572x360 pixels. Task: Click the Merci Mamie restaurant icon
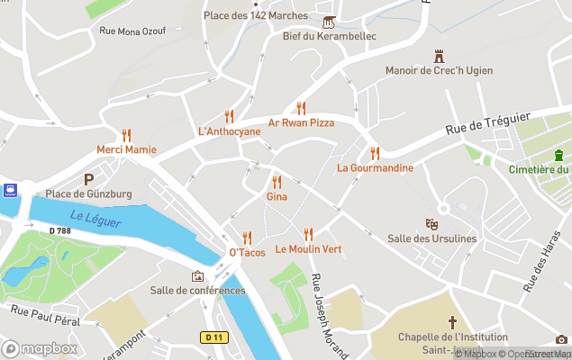click(127, 133)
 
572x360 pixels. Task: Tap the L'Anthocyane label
click(229, 131)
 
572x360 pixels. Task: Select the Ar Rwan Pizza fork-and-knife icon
click(301, 107)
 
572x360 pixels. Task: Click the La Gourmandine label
click(375, 167)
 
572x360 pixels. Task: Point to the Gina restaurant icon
click(277, 181)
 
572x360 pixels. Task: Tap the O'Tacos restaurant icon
click(247, 238)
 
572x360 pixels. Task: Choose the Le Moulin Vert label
click(308, 248)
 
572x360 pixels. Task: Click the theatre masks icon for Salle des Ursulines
click(431, 222)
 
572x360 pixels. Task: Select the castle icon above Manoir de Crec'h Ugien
click(440, 56)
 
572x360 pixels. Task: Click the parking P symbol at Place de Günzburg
click(88, 179)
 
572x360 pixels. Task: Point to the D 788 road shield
click(59, 232)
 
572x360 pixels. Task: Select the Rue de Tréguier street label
click(487, 124)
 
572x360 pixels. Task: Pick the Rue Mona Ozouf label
click(132, 31)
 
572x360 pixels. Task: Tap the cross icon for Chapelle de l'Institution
click(453, 321)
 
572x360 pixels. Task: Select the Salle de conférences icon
click(197, 275)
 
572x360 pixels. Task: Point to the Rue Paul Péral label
click(45, 315)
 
